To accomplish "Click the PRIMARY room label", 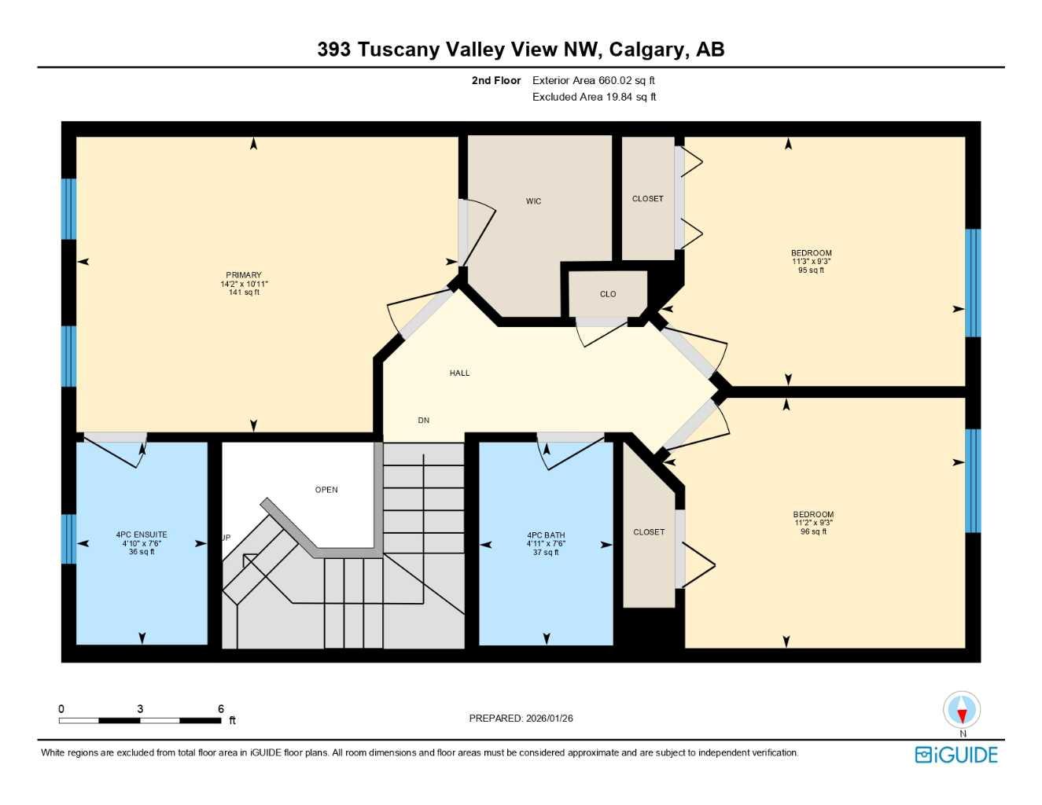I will (244, 275).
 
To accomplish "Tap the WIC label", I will (533, 201).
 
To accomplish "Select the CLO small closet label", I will (608, 294).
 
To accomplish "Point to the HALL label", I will (459, 373).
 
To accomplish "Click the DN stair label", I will (423, 421).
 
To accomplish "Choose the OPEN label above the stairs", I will (326, 490).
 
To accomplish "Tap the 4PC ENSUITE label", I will (142, 535).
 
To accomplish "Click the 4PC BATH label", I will (546, 535).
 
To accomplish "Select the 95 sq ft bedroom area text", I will (811, 270).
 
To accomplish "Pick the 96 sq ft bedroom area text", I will (813, 531).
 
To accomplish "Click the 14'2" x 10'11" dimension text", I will (244, 284).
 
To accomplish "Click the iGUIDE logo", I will (956, 755).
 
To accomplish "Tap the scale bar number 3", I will (140, 708).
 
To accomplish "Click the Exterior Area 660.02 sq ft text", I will (593, 80).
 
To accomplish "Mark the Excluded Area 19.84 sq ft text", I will (594, 97).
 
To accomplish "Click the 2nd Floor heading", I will (496, 80).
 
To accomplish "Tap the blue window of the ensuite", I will (68, 539).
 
